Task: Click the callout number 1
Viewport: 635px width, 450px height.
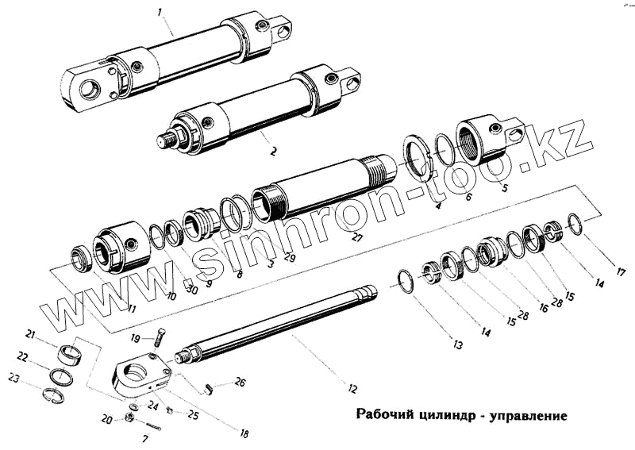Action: pos(160,12)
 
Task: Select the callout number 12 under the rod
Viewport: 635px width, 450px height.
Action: pos(352,389)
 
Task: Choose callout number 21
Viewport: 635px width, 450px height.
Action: pos(31,333)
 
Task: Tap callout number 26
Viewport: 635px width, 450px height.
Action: pos(240,383)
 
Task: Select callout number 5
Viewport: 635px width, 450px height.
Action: pos(505,187)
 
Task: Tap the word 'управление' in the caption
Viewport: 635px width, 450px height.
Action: pos(526,414)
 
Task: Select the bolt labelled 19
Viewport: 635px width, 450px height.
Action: pos(162,337)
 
